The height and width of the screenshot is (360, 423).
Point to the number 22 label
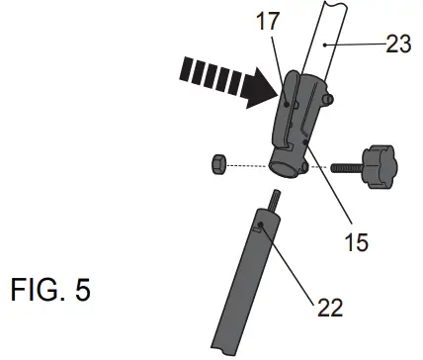click(328, 307)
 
